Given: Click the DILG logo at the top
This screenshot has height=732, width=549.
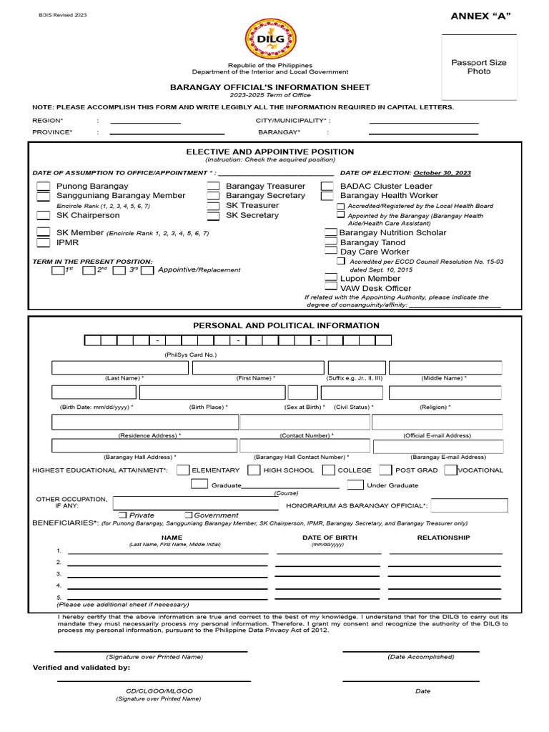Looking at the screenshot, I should [x=270, y=37].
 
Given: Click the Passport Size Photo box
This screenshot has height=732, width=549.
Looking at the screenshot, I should [x=479, y=67].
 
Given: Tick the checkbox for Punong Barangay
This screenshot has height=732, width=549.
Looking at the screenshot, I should [x=44, y=187].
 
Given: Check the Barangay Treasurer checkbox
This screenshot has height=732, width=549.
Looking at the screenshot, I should [x=213, y=187].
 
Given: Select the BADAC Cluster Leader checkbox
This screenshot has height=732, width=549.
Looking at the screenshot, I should [x=327, y=187].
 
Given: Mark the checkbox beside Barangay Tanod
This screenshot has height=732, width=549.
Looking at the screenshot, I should [x=331, y=242].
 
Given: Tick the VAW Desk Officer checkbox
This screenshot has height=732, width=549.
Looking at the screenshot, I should [x=331, y=288].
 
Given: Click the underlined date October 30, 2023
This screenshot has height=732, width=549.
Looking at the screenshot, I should [x=442, y=173].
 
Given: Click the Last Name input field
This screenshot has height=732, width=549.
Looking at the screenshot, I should [x=119, y=367].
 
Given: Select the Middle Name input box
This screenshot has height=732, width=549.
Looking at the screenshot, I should [x=445, y=367].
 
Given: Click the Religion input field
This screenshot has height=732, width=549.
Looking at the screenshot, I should [x=445, y=392].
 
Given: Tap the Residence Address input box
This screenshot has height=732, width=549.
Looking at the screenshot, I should [x=145, y=422].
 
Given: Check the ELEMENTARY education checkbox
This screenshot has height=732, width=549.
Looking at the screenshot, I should [x=183, y=470].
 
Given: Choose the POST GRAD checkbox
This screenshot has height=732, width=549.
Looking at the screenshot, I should [x=385, y=470].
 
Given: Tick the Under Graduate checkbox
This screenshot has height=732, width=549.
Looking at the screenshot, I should [x=355, y=485].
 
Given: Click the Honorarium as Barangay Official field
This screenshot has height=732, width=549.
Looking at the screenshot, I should [x=469, y=505].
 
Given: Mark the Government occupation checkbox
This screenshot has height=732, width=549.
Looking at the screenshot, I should [x=188, y=515].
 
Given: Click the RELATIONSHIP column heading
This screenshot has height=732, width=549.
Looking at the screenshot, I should [x=443, y=538].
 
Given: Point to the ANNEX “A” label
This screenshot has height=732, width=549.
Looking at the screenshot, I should [x=480, y=16].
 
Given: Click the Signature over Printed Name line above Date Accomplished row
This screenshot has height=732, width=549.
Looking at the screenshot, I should [x=151, y=652].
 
